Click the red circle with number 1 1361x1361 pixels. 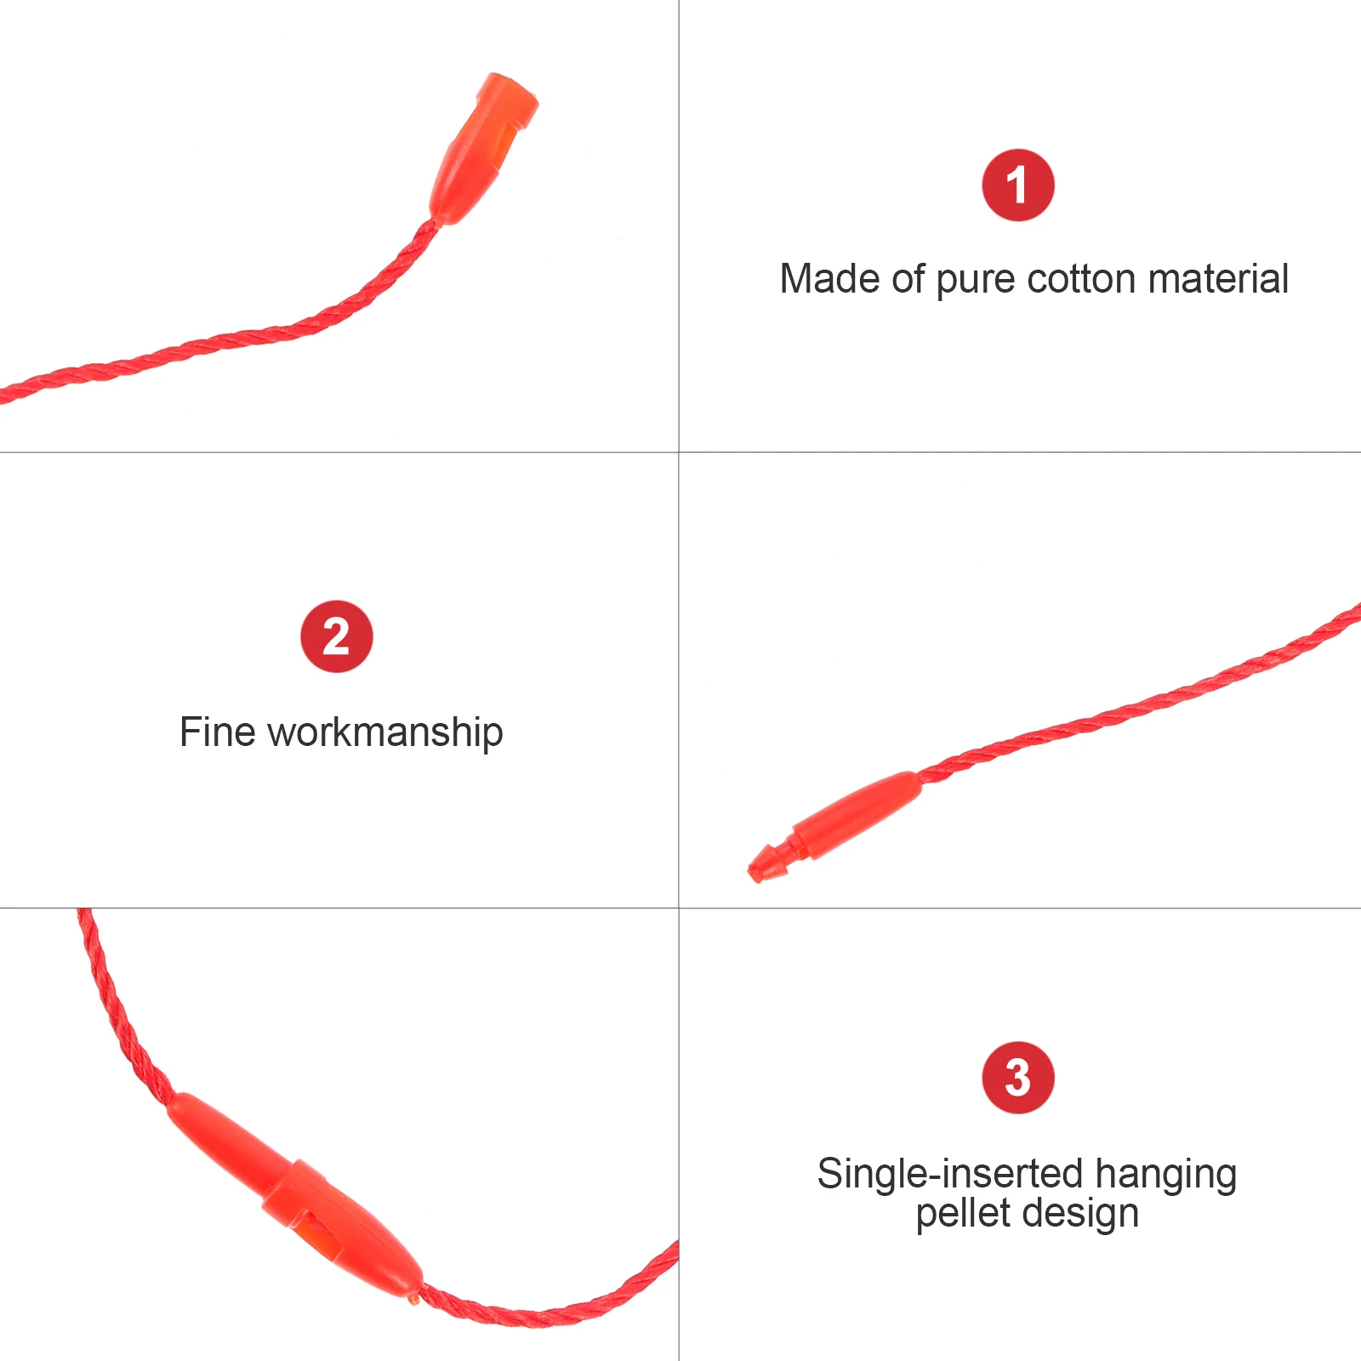[x=1017, y=185]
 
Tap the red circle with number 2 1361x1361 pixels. [x=336, y=636]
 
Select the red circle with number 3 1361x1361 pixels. [x=1017, y=1077]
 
